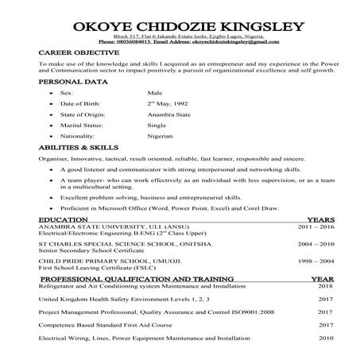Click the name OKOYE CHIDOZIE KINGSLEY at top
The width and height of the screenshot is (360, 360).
[180, 24]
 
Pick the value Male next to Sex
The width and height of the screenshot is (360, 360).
[154, 94]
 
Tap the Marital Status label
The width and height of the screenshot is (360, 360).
[82, 124]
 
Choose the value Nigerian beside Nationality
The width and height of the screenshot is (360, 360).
[162, 135]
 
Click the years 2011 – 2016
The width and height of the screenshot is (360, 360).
[315, 226]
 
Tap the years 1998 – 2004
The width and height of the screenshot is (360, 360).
[315, 261]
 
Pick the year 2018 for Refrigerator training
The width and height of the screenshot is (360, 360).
[325, 287]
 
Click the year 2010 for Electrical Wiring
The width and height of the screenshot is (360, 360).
[325, 339]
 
